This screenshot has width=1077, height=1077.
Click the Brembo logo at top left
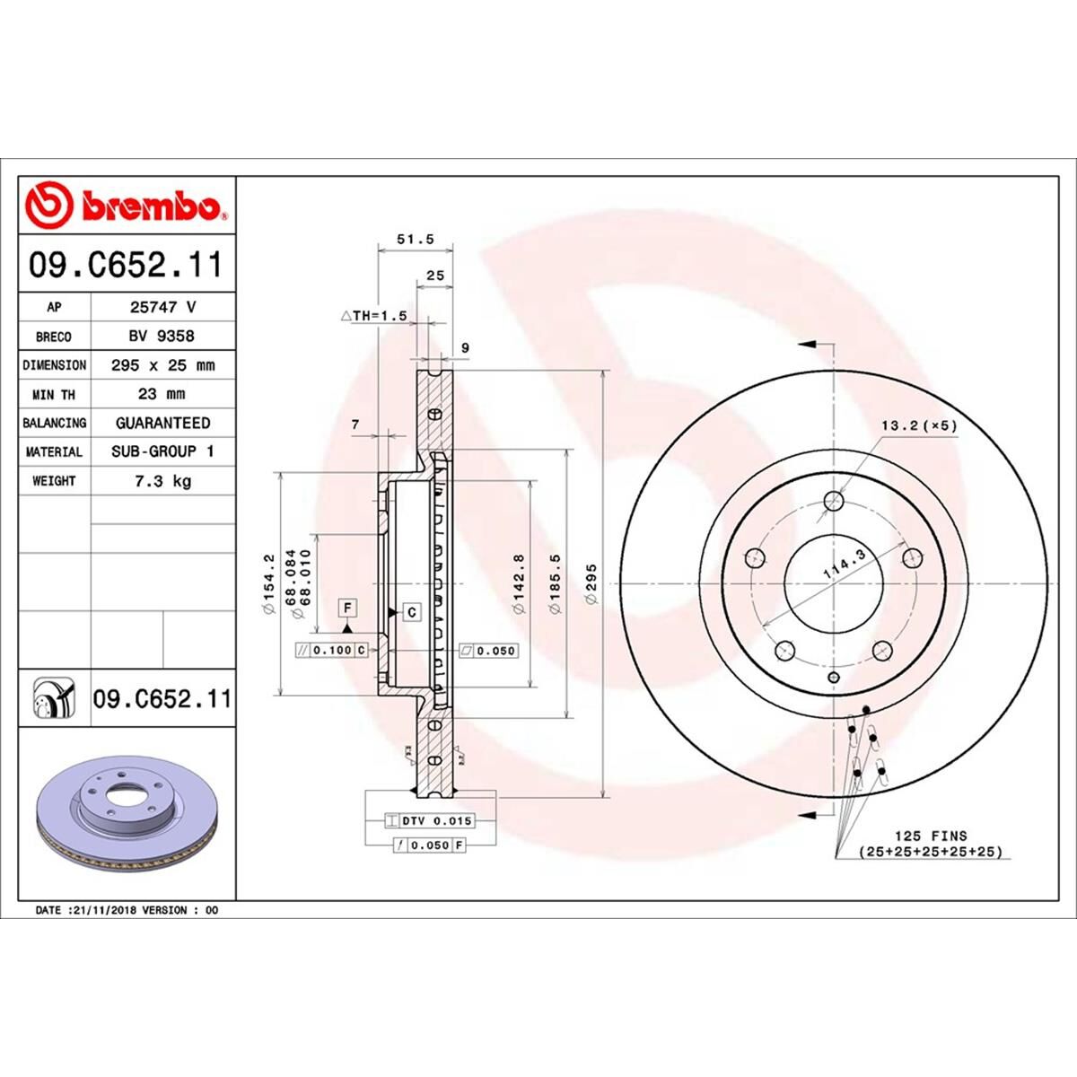126,206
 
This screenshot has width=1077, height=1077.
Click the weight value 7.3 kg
162,481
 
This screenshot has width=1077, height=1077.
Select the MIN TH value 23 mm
162,394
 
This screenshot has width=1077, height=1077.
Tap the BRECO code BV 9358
162,336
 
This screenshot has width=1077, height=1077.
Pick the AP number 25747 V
162,307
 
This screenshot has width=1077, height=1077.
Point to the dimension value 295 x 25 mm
162,365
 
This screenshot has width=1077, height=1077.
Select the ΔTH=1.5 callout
374,316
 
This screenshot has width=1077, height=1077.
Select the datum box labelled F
347,609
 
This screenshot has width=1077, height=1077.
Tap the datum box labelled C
412,612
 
